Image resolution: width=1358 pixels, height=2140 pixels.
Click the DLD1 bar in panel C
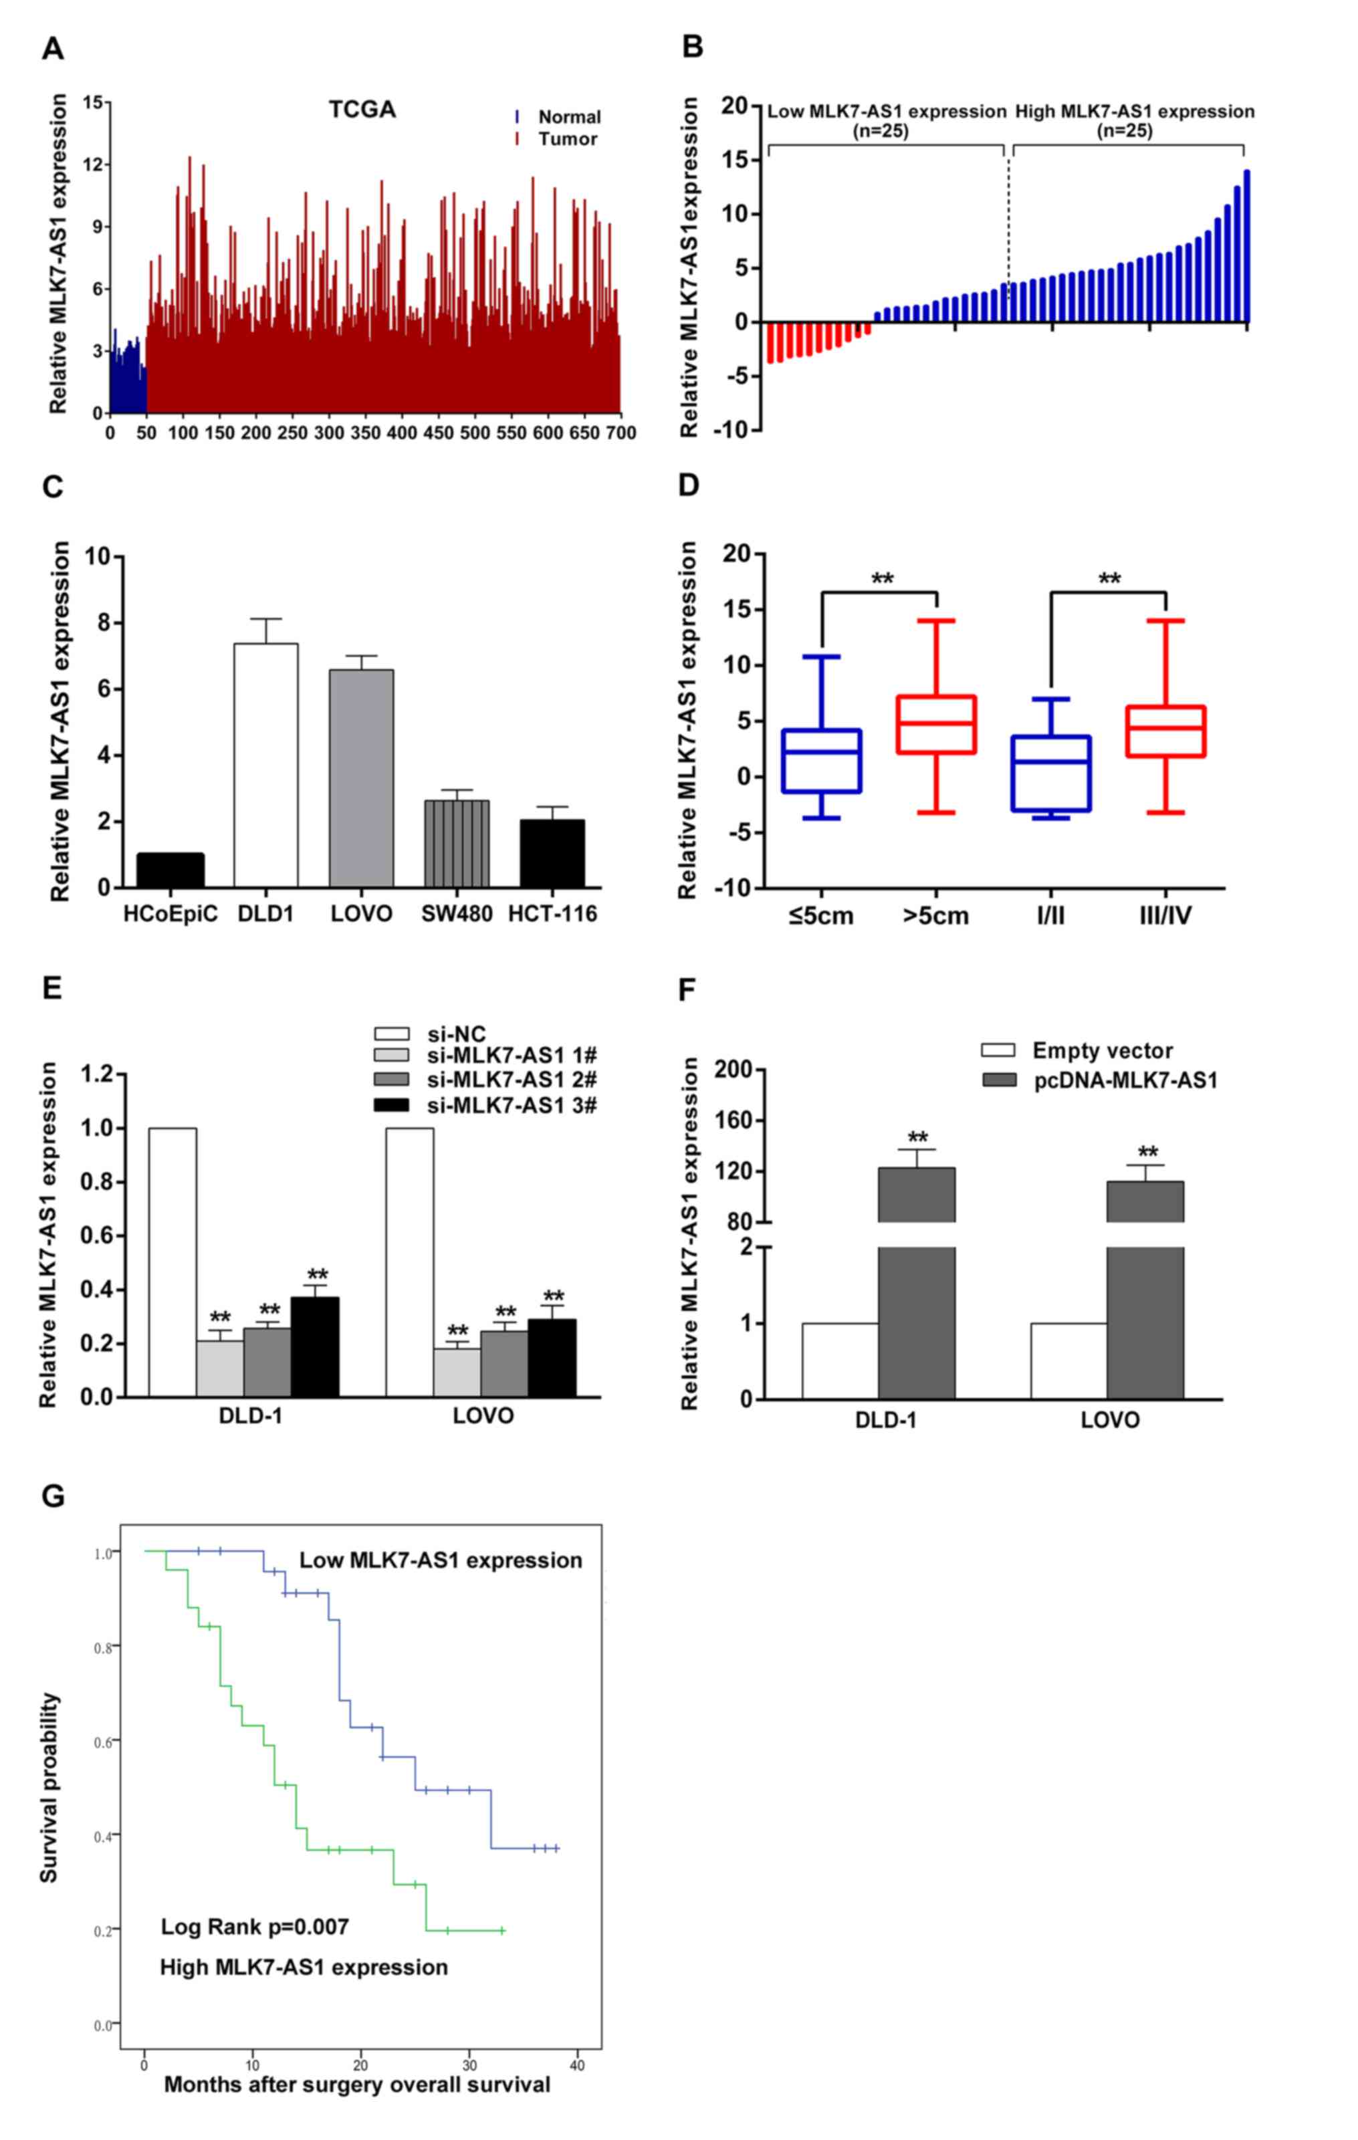click(265, 764)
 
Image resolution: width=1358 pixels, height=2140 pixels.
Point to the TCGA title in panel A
click(362, 110)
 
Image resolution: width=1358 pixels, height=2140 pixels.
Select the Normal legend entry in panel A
click(569, 116)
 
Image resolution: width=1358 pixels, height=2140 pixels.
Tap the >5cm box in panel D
click(937, 724)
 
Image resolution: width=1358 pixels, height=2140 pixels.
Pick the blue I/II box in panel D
click(1051, 774)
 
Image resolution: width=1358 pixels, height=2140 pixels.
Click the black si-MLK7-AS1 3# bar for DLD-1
click(316, 1346)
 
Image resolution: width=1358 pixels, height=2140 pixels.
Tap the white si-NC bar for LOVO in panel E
click(410, 1262)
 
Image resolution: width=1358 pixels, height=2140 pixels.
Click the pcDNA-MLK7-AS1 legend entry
click(1124, 1080)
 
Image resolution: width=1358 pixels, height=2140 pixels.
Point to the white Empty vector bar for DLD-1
click(839, 1360)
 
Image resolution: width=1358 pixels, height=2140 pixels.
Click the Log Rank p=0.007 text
click(255, 1927)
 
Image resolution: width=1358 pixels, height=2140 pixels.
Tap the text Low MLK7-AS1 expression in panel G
click(440, 1560)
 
